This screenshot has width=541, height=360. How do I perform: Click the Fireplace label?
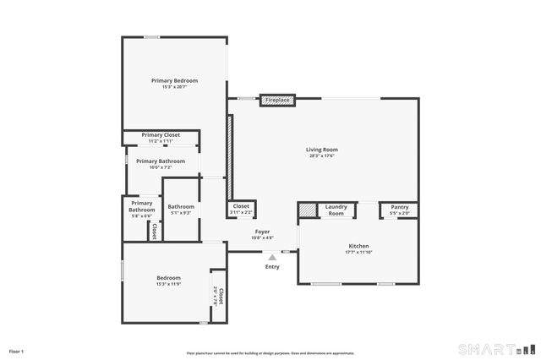click(x=276, y=101)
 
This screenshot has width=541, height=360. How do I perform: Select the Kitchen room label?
click(x=359, y=246)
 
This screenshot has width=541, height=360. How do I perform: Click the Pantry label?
click(x=399, y=206)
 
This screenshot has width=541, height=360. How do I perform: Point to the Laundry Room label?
click(x=336, y=210)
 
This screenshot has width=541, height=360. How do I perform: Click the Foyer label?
click(x=264, y=232)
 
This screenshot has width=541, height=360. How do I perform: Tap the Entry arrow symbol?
click(x=272, y=258)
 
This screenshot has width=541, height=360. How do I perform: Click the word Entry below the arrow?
click(x=272, y=267)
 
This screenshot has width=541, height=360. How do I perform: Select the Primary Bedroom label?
click(x=174, y=80)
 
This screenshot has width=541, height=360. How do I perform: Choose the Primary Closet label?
click(x=161, y=135)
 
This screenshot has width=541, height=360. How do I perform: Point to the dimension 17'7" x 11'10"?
click(x=359, y=253)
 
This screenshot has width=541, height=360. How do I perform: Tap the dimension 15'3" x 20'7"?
click(x=174, y=87)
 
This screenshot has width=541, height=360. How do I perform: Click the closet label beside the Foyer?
click(x=241, y=205)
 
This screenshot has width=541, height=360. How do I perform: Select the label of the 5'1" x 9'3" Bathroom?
click(x=181, y=207)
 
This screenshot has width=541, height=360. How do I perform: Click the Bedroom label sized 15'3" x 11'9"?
click(x=168, y=277)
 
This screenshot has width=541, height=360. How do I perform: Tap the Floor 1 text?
click(x=16, y=351)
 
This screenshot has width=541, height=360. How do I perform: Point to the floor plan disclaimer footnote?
click(x=270, y=353)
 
